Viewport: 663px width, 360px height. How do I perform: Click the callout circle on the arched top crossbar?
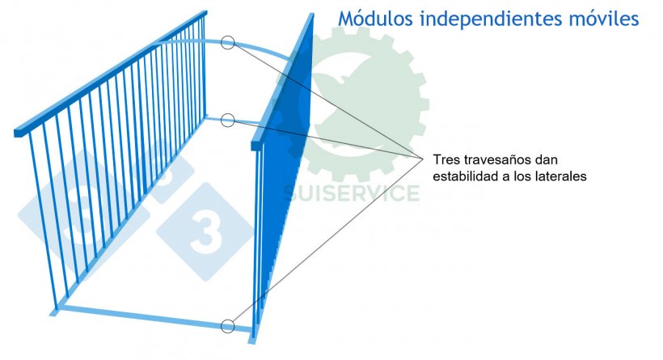[228, 42]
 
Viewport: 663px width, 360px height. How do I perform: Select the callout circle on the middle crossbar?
[228, 121]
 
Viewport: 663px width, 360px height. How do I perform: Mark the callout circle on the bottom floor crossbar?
[228, 326]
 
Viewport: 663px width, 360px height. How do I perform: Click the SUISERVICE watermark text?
[351, 193]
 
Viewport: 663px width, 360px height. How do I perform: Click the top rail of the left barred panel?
[111, 72]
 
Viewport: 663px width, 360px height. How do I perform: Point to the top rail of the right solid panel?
[282, 81]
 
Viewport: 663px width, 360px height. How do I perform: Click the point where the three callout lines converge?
[423, 159]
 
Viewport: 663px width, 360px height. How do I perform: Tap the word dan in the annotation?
[547, 160]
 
